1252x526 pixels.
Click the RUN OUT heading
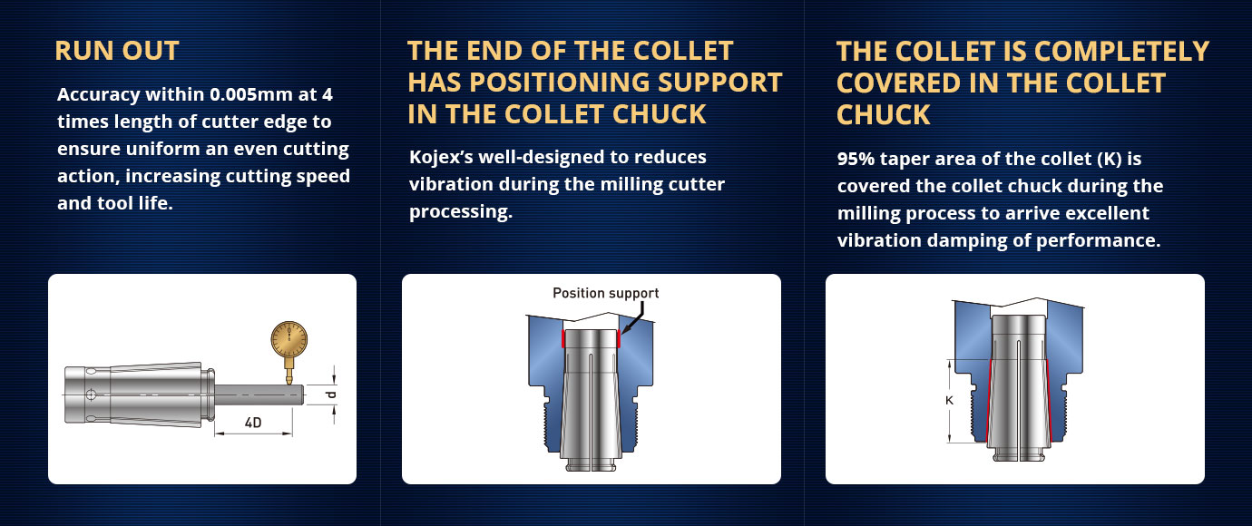coord(117,51)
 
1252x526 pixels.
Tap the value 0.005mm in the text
coord(251,94)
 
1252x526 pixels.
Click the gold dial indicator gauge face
coord(289,339)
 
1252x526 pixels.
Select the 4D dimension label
coord(253,423)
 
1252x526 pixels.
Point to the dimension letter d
coord(331,394)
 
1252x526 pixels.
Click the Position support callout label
coord(605,294)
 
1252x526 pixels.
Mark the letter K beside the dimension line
coord(949,400)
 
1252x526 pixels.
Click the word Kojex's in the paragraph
coord(441,157)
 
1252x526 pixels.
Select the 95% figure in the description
coord(856,159)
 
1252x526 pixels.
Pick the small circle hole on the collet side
coord(91,395)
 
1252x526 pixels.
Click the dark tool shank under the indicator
coord(259,394)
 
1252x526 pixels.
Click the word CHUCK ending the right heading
coord(883,115)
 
